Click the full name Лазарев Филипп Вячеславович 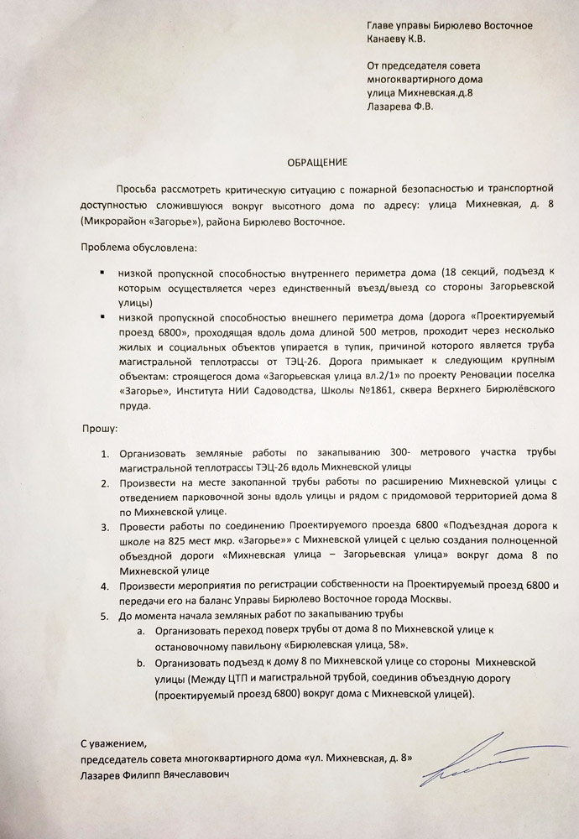(154, 775)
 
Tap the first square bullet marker (101, 273)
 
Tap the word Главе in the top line (381, 24)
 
